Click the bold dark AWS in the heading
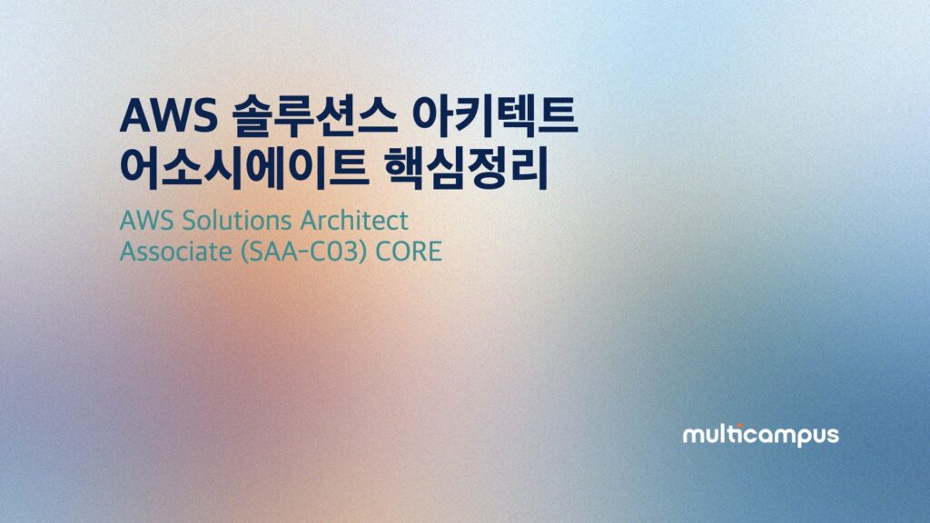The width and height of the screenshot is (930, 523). coord(168,115)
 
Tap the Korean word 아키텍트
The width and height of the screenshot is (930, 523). coord(495,115)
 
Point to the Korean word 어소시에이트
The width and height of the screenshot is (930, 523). coord(244,168)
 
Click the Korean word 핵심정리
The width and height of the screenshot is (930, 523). coord(466,168)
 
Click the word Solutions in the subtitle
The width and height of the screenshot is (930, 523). coord(237,221)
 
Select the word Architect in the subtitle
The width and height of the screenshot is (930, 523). coord(354,221)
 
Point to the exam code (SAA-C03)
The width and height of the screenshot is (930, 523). coord(303,252)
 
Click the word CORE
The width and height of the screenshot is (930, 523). coord(409,252)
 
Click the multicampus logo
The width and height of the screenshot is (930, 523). coord(761,436)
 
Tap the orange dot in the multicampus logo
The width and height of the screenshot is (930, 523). coord(739,427)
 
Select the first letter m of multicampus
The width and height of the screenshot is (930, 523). coord(692,437)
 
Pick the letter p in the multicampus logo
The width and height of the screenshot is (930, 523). coord(803,439)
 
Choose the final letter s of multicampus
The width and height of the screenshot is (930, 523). coord(833,437)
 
